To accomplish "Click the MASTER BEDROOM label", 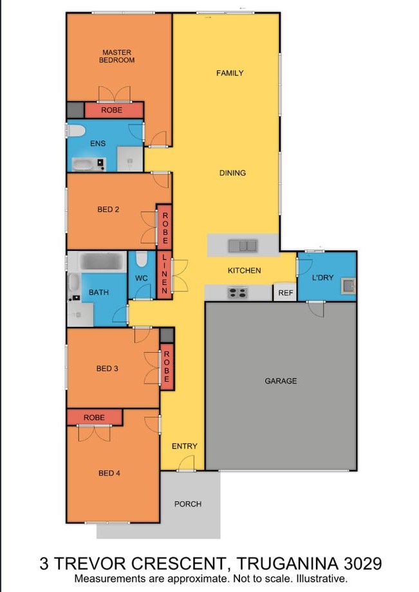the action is (x=116, y=56).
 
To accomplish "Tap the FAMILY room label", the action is (x=230, y=73).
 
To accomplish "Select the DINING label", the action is (x=232, y=173).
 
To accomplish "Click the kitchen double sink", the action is (x=243, y=246).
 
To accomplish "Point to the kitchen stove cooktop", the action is (x=237, y=293).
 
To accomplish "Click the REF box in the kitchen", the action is (x=285, y=292).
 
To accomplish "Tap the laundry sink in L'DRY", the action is (x=348, y=286).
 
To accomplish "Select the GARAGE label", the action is (x=281, y=381).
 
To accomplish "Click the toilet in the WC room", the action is (x=141, y=259).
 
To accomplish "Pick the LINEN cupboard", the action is (x=165, y=274).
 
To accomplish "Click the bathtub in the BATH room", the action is (x=102, y=261).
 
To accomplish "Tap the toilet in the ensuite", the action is (x=76, y=131).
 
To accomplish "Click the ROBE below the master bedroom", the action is (x=114, y=110).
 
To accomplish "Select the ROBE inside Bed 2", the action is (x=165, y=228).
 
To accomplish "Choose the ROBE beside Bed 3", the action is (x=167, y=367).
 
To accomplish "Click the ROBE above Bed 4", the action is (x=95, y=418).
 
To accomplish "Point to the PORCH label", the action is (x=188, y=504).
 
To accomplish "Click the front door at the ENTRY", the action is (x=186, y=464).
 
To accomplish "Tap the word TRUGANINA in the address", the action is (x=288, y=564).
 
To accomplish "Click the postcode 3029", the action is (x=363, y=564).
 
